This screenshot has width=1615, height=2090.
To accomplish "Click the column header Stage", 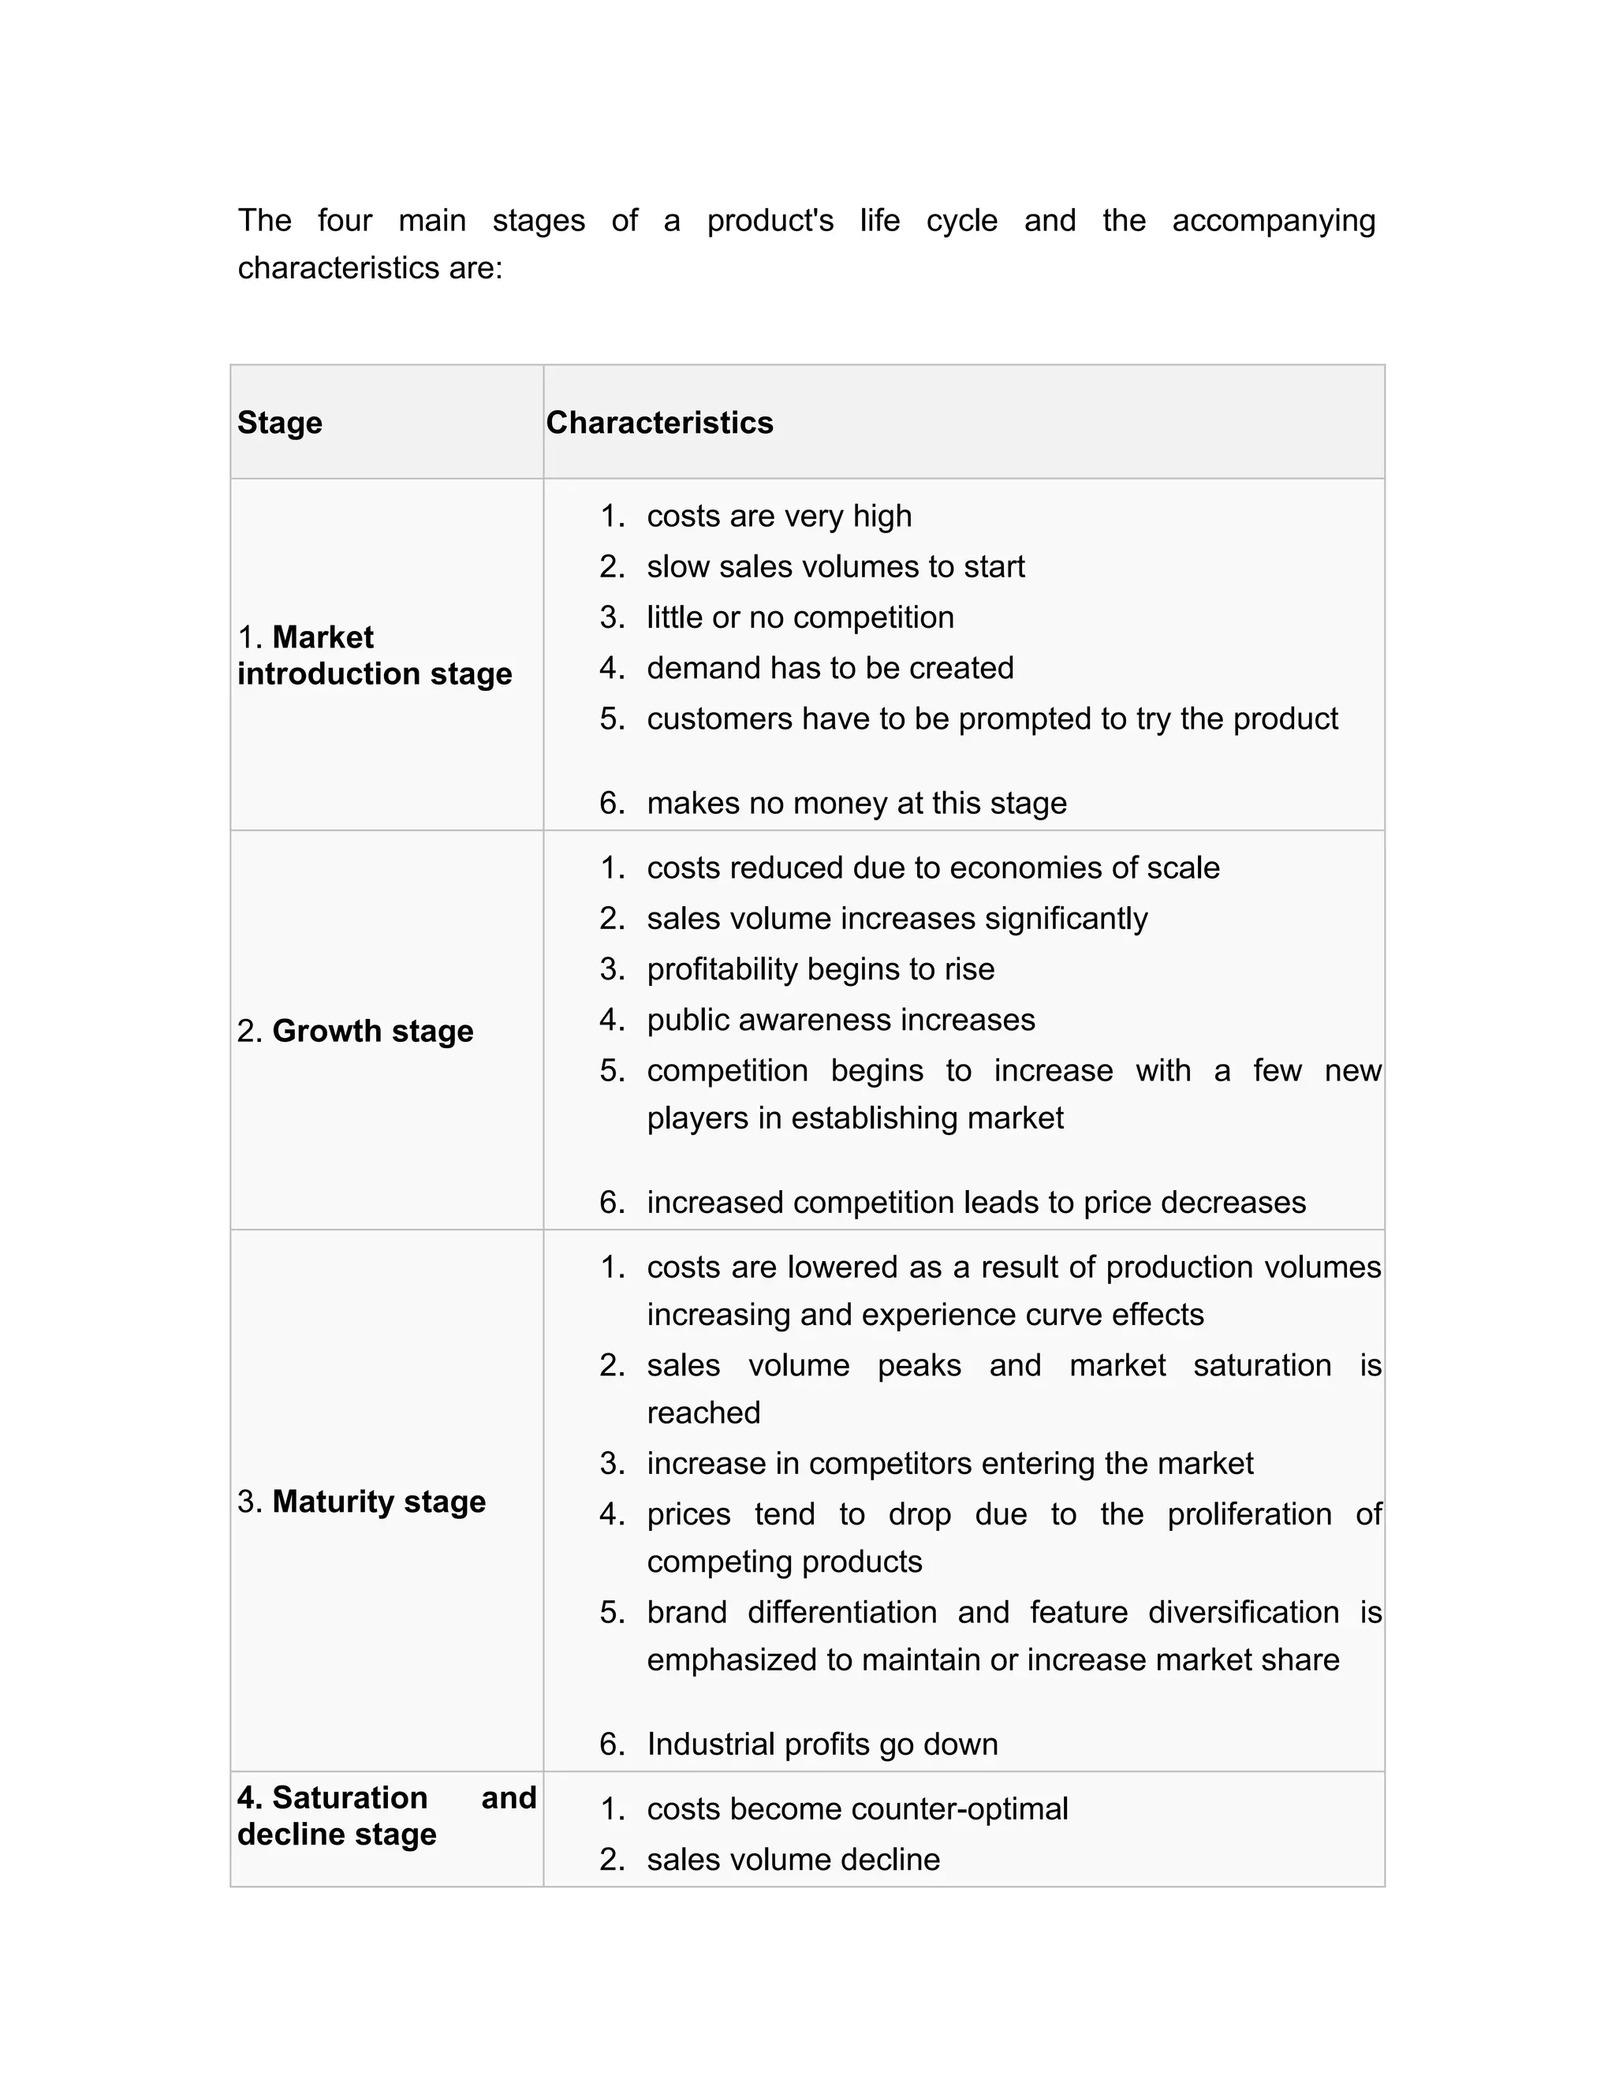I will pyautogui.click(x=279, y=422).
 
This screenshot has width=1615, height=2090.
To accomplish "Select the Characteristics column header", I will pyautogui.click(x=659, y=422).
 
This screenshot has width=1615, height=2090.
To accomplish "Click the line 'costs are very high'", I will pyautogui.click(x=779, y=516).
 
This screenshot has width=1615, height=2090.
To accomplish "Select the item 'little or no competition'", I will pyautogui.click(x=800, y=618).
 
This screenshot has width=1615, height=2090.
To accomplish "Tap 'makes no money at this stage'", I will pyautogui.click(x=856, y=803).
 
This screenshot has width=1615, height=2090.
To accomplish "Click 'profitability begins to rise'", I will pyautogui.click(x=820, y=969).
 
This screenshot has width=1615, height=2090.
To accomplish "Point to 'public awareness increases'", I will pyautogui.click(x=840, y=1020).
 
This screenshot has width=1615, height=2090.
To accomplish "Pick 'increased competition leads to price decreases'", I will pyautogui.click(x=976, y=1202).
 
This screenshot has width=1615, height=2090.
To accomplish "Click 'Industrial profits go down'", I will pyautogui.click(x=822, y=1744).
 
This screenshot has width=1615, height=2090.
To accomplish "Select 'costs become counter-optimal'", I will pyautogui.click(x=857, y=1808).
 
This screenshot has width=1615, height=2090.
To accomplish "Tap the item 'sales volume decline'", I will pyautogui.click(x=793, y=1860).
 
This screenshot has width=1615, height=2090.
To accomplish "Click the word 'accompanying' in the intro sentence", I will pyautogui.click(x=1274, y=221).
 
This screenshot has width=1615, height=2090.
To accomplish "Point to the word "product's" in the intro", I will pyautogui.click(x=770, y=221).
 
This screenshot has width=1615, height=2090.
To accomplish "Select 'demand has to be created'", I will pyautogui.click(x=830, y=668).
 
